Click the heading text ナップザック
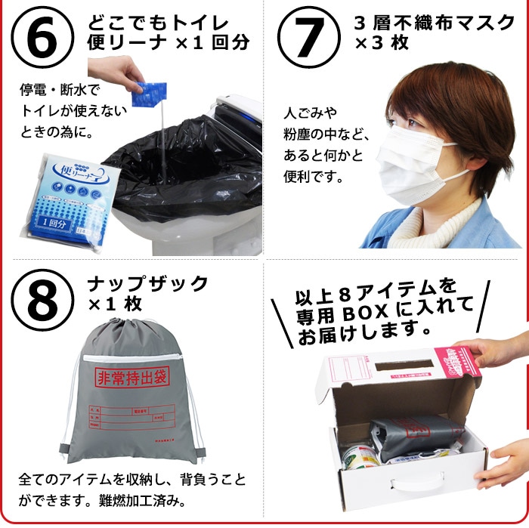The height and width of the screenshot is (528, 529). pyautogui.click(x=147, y=284)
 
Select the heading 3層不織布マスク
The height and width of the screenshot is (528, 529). pyautogui.click(x=434, y=23)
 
